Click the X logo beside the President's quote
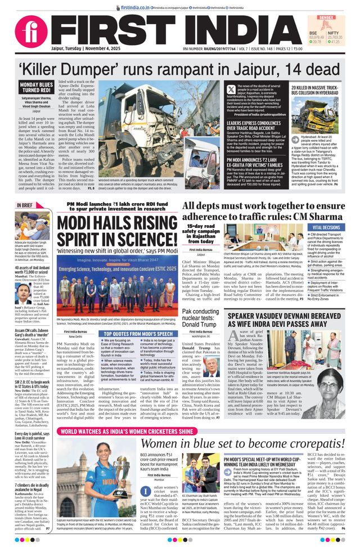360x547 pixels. [x=231, y=89]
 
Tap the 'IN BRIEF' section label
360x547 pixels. [x=25, y=205]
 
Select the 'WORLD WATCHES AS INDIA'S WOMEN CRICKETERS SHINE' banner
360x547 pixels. [x=136, y=432]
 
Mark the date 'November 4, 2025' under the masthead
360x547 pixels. [x=99, y=49]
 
